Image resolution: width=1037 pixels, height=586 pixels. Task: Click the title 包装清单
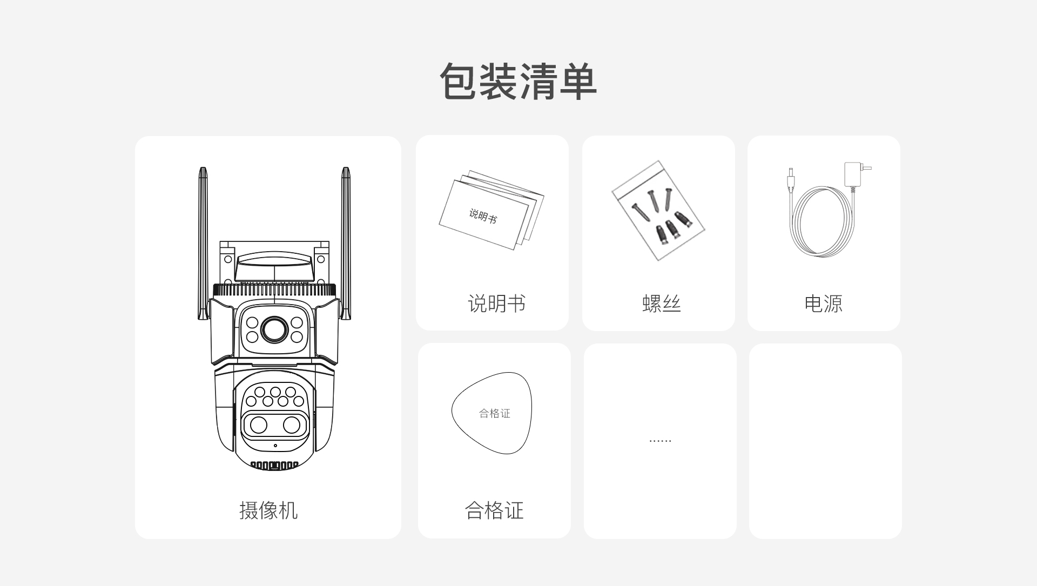518,82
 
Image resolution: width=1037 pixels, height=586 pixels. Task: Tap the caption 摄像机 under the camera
268,510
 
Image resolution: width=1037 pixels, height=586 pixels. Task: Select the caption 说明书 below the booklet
496,304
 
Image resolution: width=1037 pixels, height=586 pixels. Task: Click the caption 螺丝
662,304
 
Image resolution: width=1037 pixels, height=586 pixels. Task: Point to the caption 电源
823,304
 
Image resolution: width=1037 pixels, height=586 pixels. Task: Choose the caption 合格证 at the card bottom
494,510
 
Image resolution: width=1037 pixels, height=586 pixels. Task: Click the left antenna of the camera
203,243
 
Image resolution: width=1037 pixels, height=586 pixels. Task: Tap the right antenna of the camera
346,243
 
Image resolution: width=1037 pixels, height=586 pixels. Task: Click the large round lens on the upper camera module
274,329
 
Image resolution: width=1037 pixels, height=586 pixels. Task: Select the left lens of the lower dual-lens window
259,425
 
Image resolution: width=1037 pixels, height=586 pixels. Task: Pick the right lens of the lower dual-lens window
292,425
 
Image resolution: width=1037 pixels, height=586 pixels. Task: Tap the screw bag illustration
658,210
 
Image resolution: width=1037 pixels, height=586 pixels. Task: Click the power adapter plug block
853,174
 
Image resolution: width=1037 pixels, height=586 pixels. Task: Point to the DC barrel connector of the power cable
791,180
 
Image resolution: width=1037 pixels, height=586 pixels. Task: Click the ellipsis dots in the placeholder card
660,441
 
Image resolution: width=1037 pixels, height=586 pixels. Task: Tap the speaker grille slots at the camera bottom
274,465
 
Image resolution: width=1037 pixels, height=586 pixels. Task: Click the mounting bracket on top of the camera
274,262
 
